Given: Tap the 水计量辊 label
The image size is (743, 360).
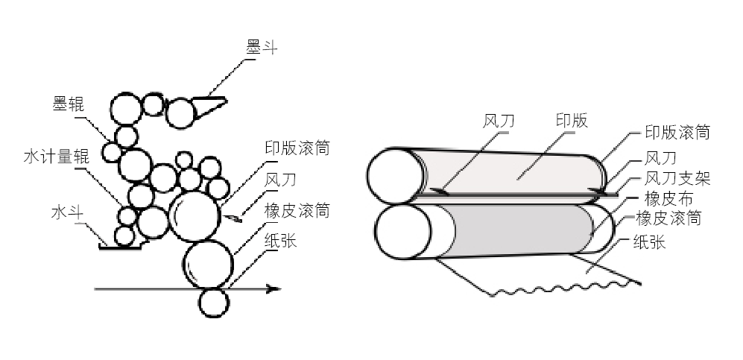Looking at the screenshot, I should (x=56, y=157).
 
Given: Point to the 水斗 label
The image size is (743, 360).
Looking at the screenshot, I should (x=66, y=213).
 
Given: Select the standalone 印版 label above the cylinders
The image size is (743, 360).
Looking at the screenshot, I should (x=572, y=121).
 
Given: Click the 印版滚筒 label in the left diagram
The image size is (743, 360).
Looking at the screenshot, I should (x=297, y=148).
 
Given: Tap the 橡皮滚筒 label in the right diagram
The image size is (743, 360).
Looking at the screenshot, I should (x=668, y=218).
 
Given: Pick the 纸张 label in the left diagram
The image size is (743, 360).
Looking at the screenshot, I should (x=281, y=241).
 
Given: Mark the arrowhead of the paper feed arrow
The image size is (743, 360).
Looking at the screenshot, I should (x=274, y=288).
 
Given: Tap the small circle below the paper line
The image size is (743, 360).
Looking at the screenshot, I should (x=213, y=302).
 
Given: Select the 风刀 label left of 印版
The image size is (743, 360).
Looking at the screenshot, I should (x=499, y=121).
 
